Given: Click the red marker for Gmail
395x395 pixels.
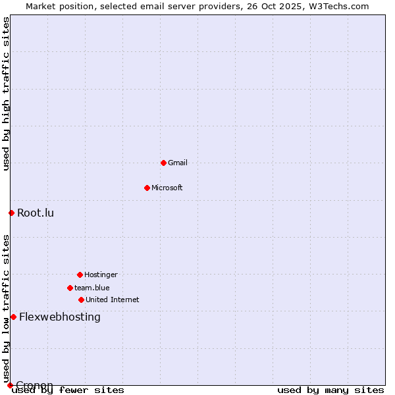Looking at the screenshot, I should tap(163, 163).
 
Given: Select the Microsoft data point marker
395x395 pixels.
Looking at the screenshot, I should tap(147, 188).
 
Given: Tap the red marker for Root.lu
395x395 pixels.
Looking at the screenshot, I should tap(11, 213).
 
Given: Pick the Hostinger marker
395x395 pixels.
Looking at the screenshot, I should tap(80, 275).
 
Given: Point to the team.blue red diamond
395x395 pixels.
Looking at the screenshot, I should tap(70, 288).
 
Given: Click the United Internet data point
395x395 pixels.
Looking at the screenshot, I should tap(81, 300).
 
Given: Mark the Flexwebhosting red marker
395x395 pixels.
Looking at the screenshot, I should tap(13, 317).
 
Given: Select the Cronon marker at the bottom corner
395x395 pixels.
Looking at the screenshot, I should tap(10, 385).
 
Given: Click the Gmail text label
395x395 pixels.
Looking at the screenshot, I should tap(178, 163).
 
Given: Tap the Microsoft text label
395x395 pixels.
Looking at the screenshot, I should tap(167, 188).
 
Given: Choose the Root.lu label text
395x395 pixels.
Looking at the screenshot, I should tap(36, 213).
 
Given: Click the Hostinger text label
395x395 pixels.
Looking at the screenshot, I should tap(101, 275).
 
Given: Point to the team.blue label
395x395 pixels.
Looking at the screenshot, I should tap(92, 288).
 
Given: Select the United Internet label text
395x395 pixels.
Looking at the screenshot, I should tap(113, 300).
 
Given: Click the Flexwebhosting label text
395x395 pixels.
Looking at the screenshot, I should tap(60, 317).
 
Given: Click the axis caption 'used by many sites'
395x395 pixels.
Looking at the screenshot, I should tap(330, 390).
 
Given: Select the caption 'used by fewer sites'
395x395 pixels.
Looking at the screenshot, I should tap(68, 390).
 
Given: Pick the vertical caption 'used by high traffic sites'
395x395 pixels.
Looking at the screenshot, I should tap(6, 93).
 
